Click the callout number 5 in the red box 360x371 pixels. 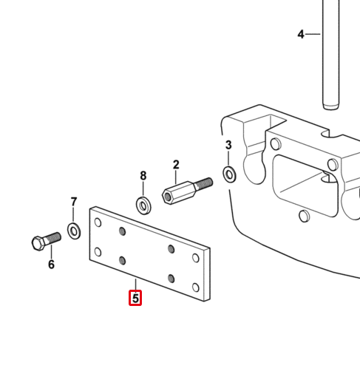point(135,298)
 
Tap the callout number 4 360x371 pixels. point(301,34)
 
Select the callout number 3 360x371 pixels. point(228,145)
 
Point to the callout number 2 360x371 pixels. point(176,165)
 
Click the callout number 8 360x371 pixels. point(143,176)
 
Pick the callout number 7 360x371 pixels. point(74,202)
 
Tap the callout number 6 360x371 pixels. point(51,265)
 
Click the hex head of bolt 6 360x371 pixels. point(38,243)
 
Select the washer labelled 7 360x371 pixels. point(74,231)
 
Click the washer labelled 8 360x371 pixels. point(143,205)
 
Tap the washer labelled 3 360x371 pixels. point(229,174)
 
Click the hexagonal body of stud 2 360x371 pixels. point(179,192)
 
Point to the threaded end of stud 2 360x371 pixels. point(204,183)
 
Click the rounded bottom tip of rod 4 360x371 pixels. point(331,106)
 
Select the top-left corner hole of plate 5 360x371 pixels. point(98,222)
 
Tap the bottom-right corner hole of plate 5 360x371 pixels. point(196,287)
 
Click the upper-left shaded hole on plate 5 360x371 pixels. point(122,231)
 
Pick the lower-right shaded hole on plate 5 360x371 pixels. point(171,279)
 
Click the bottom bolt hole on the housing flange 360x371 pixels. point(305,216)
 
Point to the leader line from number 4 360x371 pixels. point(313,34)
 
